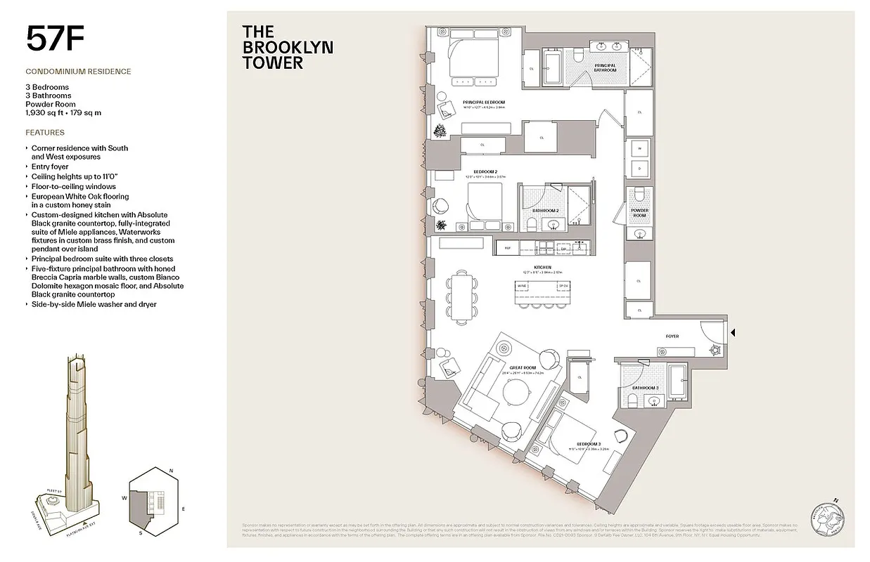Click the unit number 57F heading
[x=56, y=39]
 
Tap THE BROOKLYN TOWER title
[x=287, y=47]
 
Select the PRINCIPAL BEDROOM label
[x=483, y=103]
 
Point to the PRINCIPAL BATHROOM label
[x=605, y=67]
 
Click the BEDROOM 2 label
[x=485, y=171]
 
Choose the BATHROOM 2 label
[x=545, y=210]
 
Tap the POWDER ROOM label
[x=639, y=213]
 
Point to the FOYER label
[x=672, y=336]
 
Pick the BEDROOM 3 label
[x=589, y=444]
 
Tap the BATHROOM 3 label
[x=644, y=388]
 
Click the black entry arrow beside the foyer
[x=732, y=333]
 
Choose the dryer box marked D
[x=639, y=169]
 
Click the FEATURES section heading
[x=45, y=132]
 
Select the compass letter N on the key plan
[x=172, y=470]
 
